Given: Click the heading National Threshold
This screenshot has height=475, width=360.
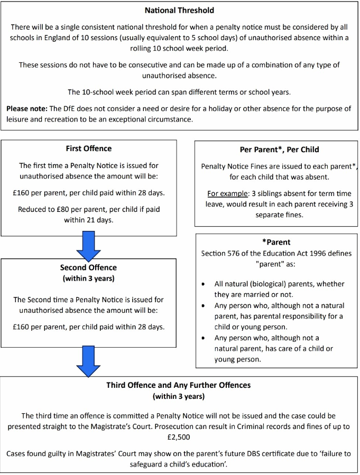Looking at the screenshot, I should [180, 10].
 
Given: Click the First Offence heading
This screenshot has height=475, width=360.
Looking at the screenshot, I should [88, 148].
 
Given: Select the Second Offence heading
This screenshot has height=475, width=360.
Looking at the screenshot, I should [88, 267].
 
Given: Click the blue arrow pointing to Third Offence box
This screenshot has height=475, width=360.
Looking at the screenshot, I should [88, 361].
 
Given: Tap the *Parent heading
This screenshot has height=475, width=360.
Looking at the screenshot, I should [276, 242].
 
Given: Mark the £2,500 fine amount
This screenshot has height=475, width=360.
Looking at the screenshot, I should [180, 437].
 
